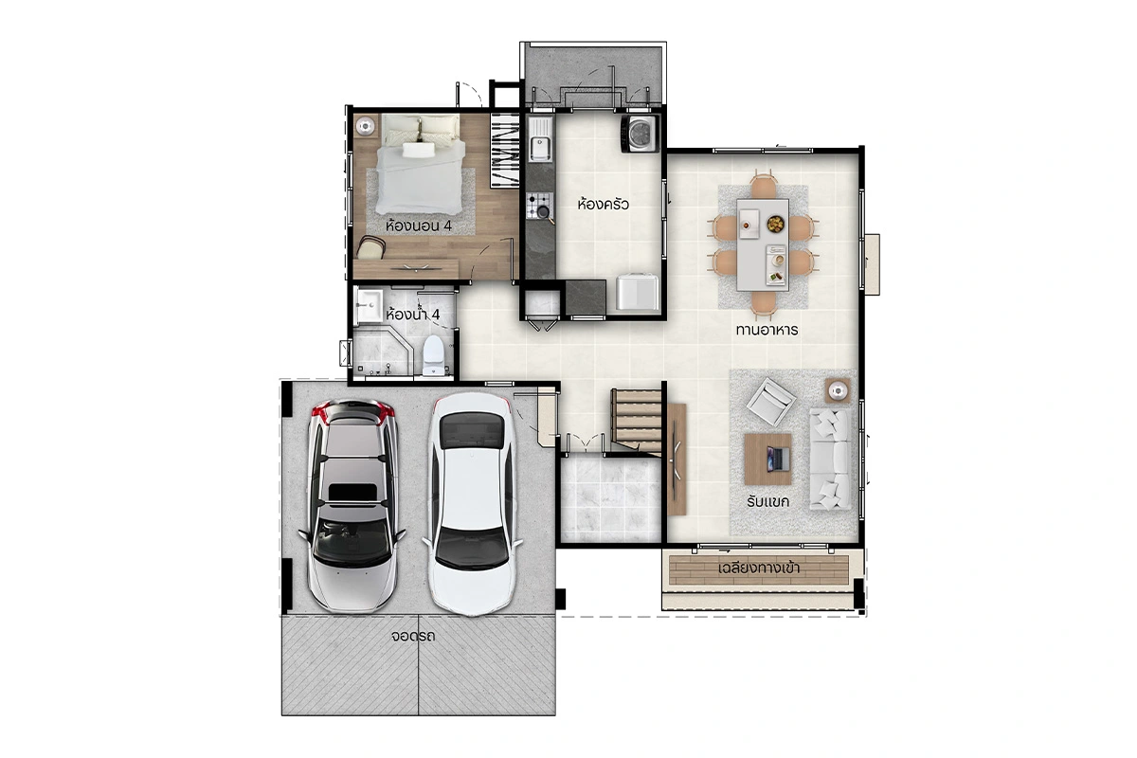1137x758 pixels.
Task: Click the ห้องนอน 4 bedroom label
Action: pyautogui.click(x=418, y=226)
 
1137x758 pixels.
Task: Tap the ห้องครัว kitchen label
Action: pyautogui.click(x=603, y=204)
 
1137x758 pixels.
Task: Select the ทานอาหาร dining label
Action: pyautogui.click(x=767, y=330)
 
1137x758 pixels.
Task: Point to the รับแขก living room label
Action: pyautogui.click(x=767, y=501)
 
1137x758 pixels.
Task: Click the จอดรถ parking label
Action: pyautogui.click(x=413, y=636)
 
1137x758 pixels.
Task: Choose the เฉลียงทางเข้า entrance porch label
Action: pyautogui.click(x=759, y=568)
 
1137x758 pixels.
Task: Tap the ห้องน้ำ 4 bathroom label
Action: pyautogui.click(x=412, y=315)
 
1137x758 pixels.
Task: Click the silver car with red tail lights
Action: pyautogui.click(x=352, y=506)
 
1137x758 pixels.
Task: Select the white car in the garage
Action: pyautogui.click(x=473, y=504)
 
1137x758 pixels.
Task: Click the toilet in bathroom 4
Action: pyautogui.click(x=433, y=355)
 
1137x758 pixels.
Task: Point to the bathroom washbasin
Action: pyautogui.click(x=369, y=306)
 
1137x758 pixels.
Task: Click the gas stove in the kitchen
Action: pyautogui.click(x=539, y=207)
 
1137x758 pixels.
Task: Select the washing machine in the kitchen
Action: pyautogui.click(x=641, y=134)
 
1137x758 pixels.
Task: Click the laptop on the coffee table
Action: pyautogui.click(x=778, y=459)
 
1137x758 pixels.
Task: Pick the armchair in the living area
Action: pyautogui.click(x=770, y=401)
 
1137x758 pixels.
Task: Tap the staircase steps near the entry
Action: pyautogui.click(x=637, y=421)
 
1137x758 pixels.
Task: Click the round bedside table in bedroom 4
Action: pyautogui.click(x=365, y=126)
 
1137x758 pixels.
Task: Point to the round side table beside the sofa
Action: pyautogui.click(x=838, y=390)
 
